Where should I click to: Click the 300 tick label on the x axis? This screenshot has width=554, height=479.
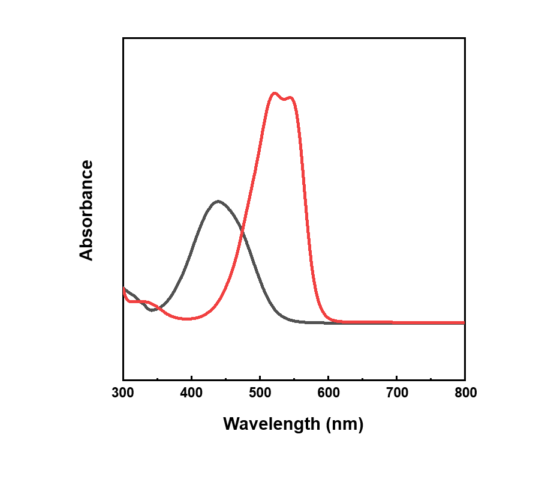click(x=123, y=394)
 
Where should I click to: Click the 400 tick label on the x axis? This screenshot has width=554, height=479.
click(x=191, y=394)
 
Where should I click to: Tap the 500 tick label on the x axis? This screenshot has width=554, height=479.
click(x=260, y=394)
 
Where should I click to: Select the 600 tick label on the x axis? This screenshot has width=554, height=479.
click(x=328, y=394)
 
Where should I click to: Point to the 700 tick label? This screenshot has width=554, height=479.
click(x=396, y=394)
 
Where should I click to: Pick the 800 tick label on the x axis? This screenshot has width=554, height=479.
click(x=465, y=394)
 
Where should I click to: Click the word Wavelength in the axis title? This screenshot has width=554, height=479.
click(x=272, y=424)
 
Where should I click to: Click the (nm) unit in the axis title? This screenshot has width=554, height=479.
click(x=345, y=424)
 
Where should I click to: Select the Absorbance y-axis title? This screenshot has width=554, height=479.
click(x=87, y=210)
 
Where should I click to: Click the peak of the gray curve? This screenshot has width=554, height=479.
click(x=218, y=201)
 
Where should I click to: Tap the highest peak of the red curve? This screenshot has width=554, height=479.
click(x=275, y=93)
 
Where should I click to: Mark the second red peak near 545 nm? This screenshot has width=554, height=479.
click(x=291, y=97)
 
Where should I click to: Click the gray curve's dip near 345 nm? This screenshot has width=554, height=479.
click(x=152, y=310)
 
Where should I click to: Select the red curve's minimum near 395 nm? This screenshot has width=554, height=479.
click(x=188, y=319)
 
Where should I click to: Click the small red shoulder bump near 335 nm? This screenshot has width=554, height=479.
click(x=146, y=301)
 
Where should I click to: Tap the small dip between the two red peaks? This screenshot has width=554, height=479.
click(x=284, y=98)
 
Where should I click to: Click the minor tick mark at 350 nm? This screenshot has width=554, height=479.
click(x=157, y=378)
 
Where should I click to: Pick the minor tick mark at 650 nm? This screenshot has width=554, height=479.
click(x=362, y=378)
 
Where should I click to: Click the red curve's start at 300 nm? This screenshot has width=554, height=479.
click(x=124, y=289)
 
